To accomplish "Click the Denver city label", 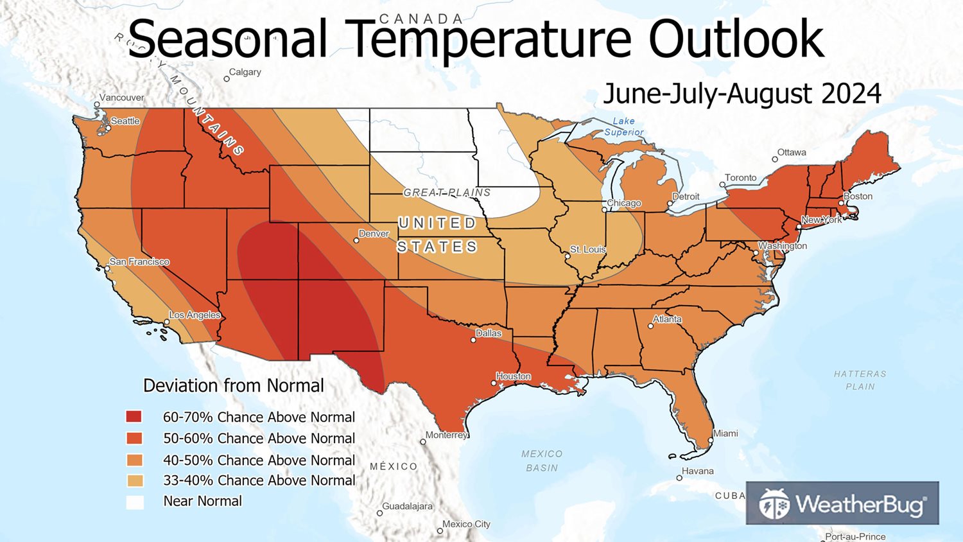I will [x=374, y=234].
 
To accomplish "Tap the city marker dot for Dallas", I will [x=474, y=340].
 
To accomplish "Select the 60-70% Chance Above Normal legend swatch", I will [x=134, y=417].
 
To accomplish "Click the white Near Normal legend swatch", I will [x=134, y=502].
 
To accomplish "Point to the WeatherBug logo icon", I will [x=774, y=504].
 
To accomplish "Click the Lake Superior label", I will [x=623, y=127].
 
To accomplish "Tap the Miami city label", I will [x=725, y=433].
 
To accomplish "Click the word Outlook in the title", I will [x=736, y=39].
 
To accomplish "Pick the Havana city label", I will [x=698, y=471].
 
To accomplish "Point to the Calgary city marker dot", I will [x=227, y=79].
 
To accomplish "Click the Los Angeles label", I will [x=195, y=315].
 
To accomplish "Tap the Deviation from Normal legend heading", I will [x=234, y=386].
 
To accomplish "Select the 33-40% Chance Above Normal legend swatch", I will [x=134, y=480].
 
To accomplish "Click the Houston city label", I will [x=514, y=376].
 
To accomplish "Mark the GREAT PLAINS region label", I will [x=447, y=193].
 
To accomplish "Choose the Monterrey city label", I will [x=446, y=435].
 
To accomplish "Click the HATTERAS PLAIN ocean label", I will [x=860, y=380].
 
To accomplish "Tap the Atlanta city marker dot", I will [x=651, y=326].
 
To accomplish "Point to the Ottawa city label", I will [x=792, y=153].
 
